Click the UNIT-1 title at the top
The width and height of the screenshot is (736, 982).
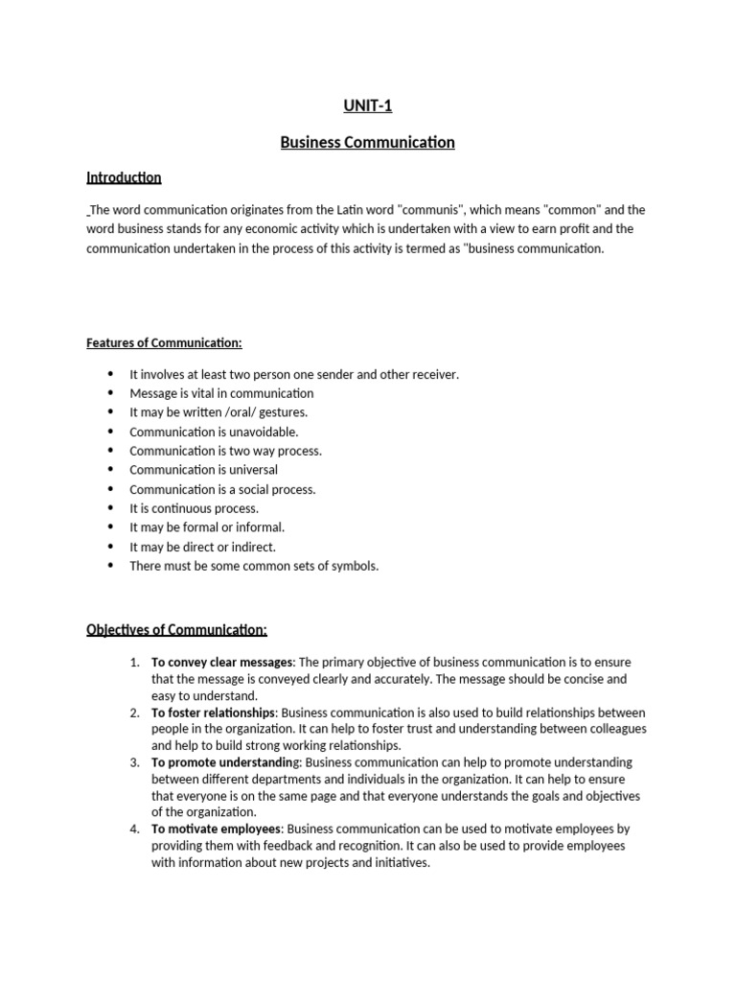pyautogui.click(x=367, y=106)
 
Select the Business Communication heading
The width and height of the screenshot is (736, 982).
pyautogui.click(x=367, y=143)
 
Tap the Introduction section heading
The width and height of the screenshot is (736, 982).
pyautogui.click(x=124, y=177)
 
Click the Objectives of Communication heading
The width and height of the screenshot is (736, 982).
pyautogui.click(x=176, y=630)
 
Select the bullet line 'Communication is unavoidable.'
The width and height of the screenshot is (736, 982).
pyautogui.click(x=207, y=432)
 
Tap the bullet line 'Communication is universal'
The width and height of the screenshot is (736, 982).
pyautogui.click(x=203, y=470)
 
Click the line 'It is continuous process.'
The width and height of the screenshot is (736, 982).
pyautogui.click(x=194, y=508)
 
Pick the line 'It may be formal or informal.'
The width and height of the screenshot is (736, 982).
pyautogui.click(x=207, y=527)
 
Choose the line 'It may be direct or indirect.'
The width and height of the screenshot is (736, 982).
pyautogui.click(x=202, y=547)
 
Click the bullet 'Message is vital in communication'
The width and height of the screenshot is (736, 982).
pyautogui.click(x=221, y=393)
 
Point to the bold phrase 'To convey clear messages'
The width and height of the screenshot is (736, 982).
pyautogui.click(x=222, y=663)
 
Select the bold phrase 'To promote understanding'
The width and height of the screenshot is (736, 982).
pyautogui.click(x=225, y=762)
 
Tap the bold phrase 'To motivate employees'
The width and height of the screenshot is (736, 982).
pyautogui.click(x=216, y=829)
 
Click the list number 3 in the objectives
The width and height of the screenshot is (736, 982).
pyautogui.click(x=134, y=762)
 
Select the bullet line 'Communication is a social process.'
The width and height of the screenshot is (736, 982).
pyautogui.click(x=222, y=489)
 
